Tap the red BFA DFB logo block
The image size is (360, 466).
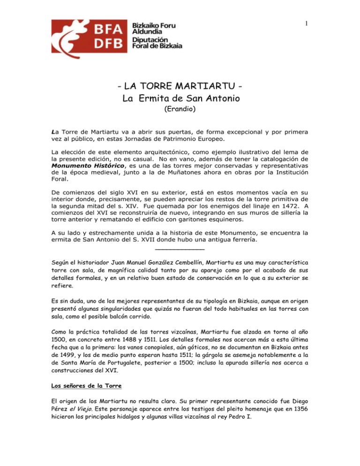[x=78, y=35]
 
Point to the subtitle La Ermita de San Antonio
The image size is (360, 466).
[x=179, y=100]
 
